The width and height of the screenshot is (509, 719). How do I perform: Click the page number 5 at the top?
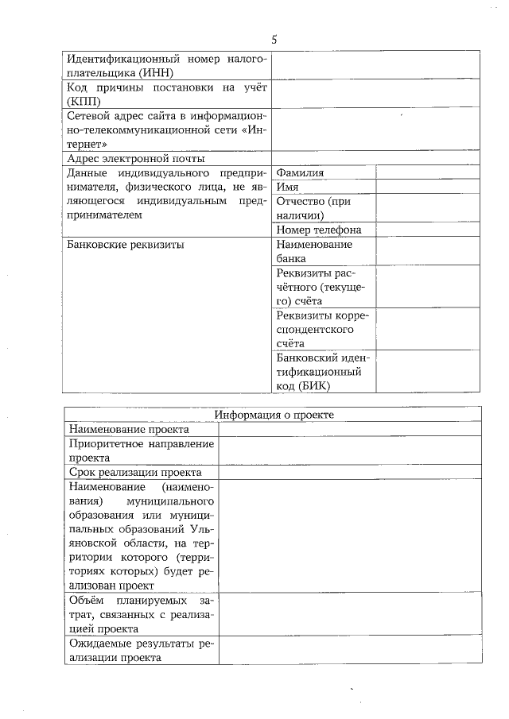(274, 39)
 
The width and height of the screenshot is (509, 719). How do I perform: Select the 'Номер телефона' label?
(318, 230)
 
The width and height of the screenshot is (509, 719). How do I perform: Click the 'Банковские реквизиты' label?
(126, 245)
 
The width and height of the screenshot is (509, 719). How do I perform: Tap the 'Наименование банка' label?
(313, 252)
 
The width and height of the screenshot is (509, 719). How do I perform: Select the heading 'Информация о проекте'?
(274, 415)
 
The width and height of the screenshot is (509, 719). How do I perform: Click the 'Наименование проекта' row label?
(129, 429)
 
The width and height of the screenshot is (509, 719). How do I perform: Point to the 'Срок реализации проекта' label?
(134, 472)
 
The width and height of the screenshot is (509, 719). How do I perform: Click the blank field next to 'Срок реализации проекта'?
(350, 472)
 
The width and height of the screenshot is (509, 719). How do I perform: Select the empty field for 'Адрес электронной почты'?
(376, 159)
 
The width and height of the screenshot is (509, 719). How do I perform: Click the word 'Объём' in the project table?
(85, 600)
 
